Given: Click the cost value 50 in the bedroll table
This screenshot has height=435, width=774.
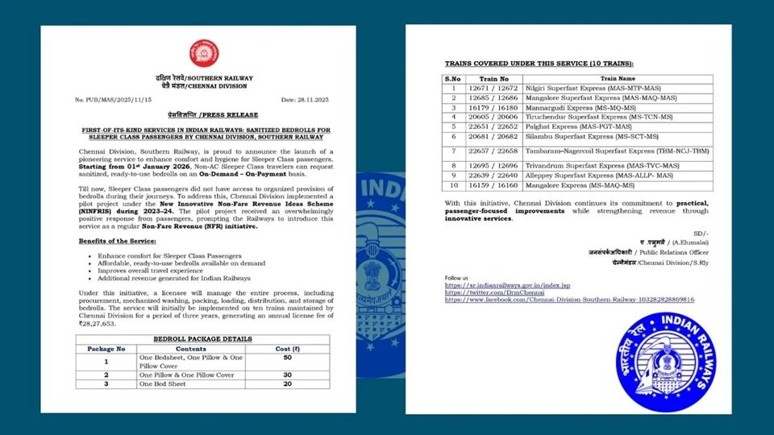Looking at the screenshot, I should [288, 360].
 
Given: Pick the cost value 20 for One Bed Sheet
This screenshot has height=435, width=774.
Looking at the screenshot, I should [288, 384].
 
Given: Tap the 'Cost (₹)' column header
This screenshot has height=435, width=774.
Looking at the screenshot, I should [288, 348].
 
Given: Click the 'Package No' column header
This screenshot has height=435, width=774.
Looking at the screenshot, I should [106, 348].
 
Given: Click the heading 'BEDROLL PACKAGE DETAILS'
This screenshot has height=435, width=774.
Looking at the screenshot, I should [198, 338].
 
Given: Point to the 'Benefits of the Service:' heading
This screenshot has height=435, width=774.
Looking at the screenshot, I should [117, 242].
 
